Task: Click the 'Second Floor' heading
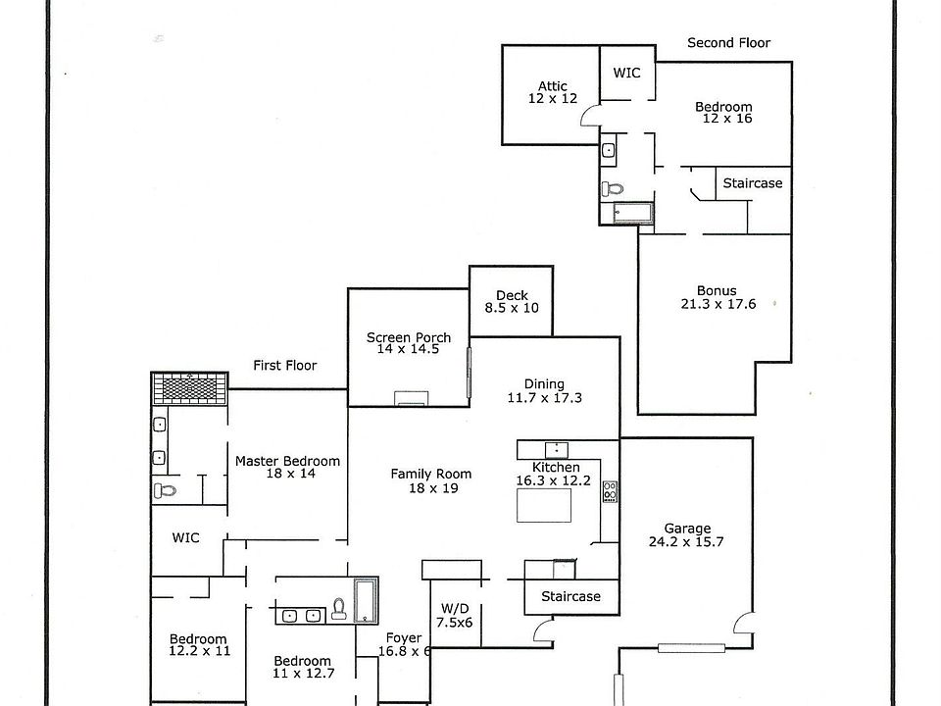click(x=728, y=43)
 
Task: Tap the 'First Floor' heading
click(x=285, y=366)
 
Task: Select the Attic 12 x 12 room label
click(x=553, y=92)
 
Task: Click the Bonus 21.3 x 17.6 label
click(x=717, y=297)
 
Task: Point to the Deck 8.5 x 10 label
click(x=512, y=301)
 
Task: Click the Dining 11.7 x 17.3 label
click(x=544, y=391)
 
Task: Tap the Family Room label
click(x=431, y=480)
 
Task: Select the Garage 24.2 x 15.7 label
click(x=686, y=534)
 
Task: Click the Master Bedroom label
click(x=287, y=467)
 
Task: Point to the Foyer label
click(x=405, y=644)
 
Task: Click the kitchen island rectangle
click(x=544, y=505)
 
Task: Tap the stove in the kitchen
click(x=610, y=490)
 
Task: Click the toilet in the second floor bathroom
click(x=613, y=187)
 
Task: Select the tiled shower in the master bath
click(x=190, y=388)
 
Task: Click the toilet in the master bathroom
click(x=164, y=490)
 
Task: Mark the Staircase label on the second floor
click(x=753, y=183)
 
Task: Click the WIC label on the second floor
click(x=627, y=73)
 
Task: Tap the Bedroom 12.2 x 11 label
click(x=198, y=644)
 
